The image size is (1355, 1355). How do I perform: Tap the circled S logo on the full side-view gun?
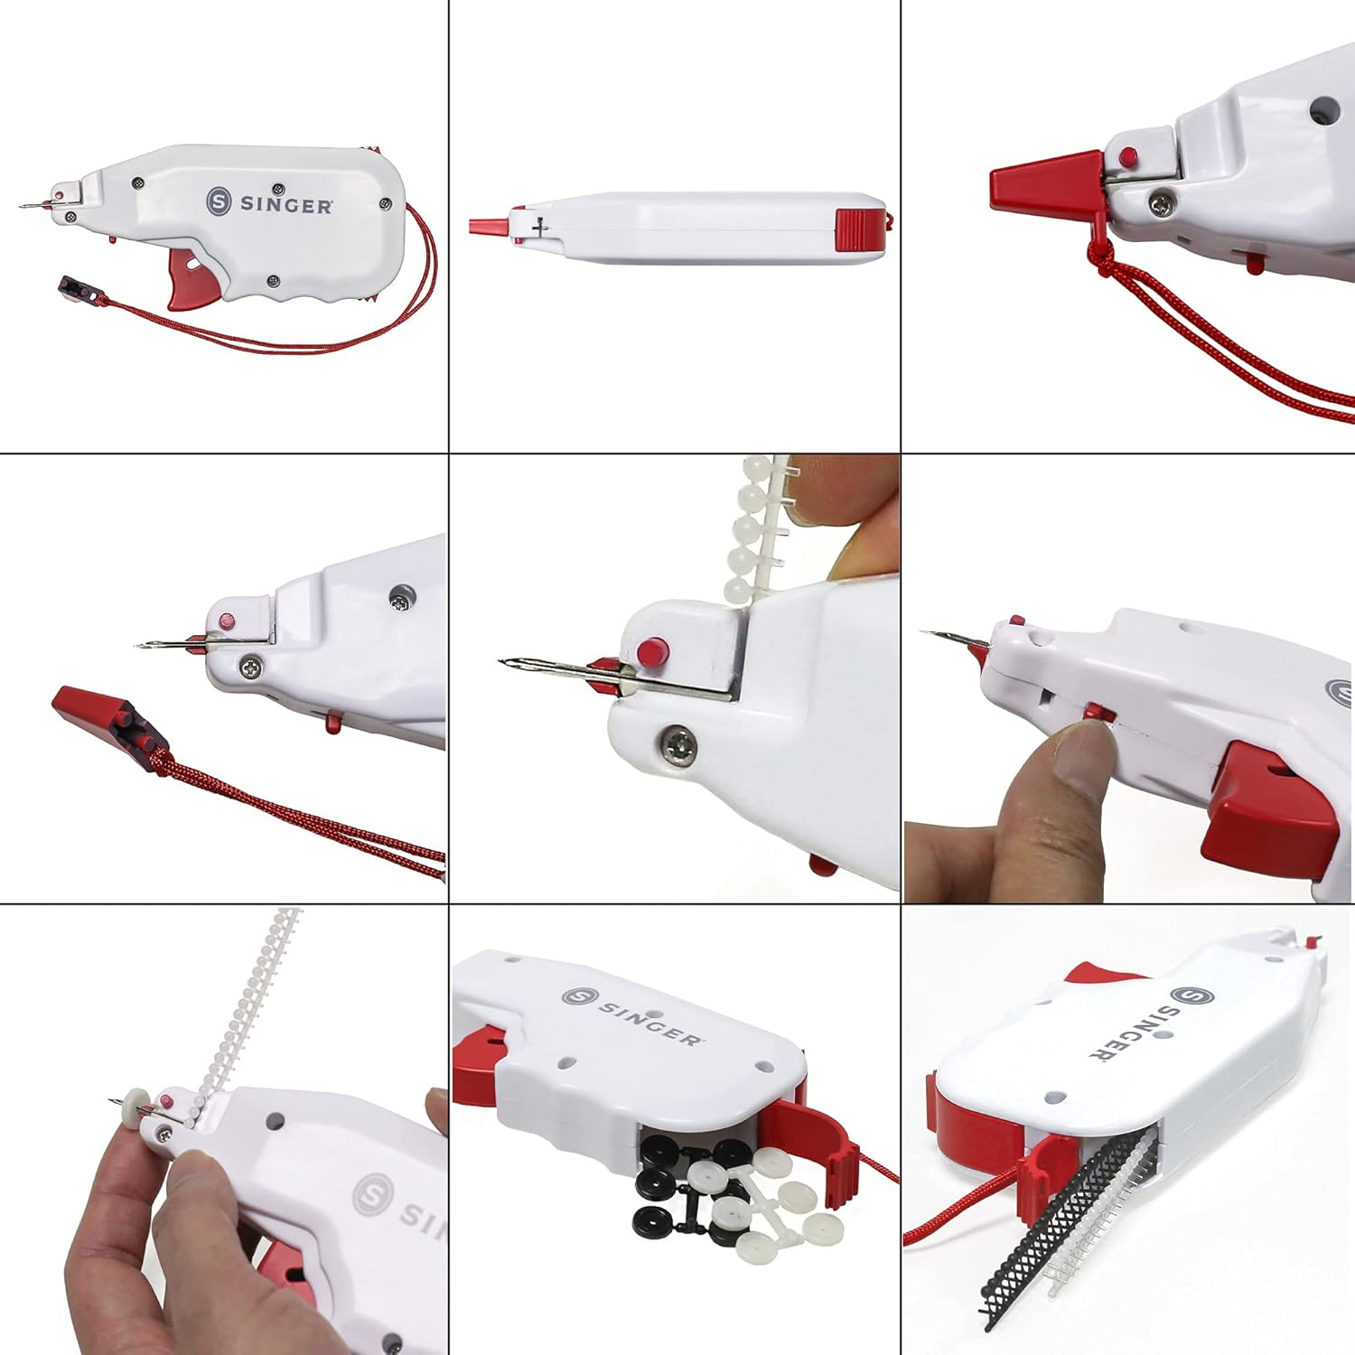pyautogui.click(x=219, y=201)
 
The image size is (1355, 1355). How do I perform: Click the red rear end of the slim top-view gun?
pyautogui.click(x=859, y=229)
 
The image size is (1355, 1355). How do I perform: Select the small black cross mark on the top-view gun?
pyautogui.click(x=540, y=228)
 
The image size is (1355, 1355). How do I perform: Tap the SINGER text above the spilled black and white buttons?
pyautogui.click(x=650, y=1021)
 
